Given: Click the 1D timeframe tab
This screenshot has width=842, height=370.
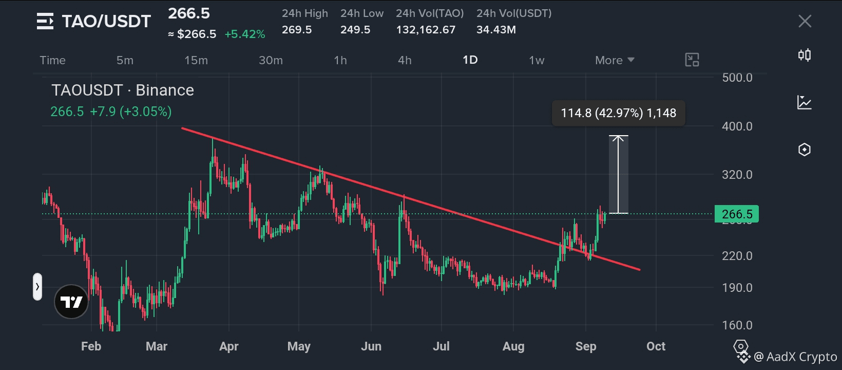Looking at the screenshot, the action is (x=470, y=60).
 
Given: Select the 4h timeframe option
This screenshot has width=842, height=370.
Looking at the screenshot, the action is (x=405, y=60).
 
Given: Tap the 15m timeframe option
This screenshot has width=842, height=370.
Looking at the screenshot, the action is (x=196, y=60).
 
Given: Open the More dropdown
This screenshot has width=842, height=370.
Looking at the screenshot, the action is (x=615, y=60).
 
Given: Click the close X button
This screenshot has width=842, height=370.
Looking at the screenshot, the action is (x=805, y=21).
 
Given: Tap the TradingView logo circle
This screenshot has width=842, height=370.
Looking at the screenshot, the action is (x=71, y=302).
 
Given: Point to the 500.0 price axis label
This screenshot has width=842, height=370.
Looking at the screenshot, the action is (x=737, y=78).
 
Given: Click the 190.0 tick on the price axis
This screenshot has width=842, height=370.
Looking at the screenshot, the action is (x=737, y=288).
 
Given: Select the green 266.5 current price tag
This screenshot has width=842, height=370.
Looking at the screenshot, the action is (x=736, y=214).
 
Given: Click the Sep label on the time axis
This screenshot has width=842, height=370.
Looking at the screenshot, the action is (x=586, y=346).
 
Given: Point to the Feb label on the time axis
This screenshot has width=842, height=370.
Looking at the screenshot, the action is (x=91, y=346).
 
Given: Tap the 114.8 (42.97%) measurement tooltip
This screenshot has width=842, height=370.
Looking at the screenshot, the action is (x=618, y=113).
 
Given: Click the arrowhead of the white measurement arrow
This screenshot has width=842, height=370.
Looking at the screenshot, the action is (x=618, y=137).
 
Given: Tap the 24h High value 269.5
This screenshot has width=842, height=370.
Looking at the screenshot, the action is (x=297, y=30).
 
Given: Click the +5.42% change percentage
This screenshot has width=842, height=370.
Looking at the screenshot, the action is (x=245, y=34).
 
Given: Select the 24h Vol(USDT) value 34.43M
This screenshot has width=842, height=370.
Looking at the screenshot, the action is (x=496, y=30).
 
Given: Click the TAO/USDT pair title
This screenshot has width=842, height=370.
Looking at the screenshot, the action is (x=106, y=21).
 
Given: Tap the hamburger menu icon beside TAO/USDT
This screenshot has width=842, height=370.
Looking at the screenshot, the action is (x=45, y=21).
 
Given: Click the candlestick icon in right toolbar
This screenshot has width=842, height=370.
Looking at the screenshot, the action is (x=805, y=55).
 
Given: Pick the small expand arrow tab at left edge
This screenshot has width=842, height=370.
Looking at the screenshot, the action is (x=37, y=287).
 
